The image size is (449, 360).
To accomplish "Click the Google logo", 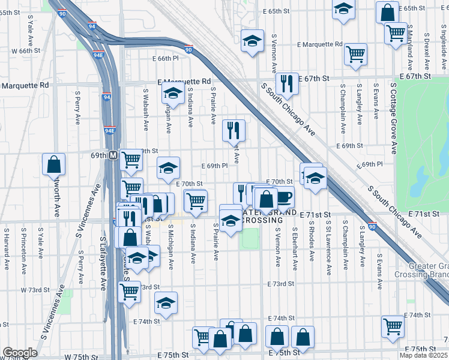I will tap(20, 352).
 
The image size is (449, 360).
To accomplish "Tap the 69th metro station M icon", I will tap(113, 154).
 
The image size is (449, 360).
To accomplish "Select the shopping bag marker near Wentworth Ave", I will tap(53, 164).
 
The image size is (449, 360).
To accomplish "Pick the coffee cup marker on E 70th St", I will tap(283, 196).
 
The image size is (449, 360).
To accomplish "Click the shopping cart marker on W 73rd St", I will tap(129, 292).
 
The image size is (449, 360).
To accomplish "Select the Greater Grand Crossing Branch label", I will tap(421, 270).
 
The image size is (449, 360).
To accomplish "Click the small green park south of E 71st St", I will tap(248, 239).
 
